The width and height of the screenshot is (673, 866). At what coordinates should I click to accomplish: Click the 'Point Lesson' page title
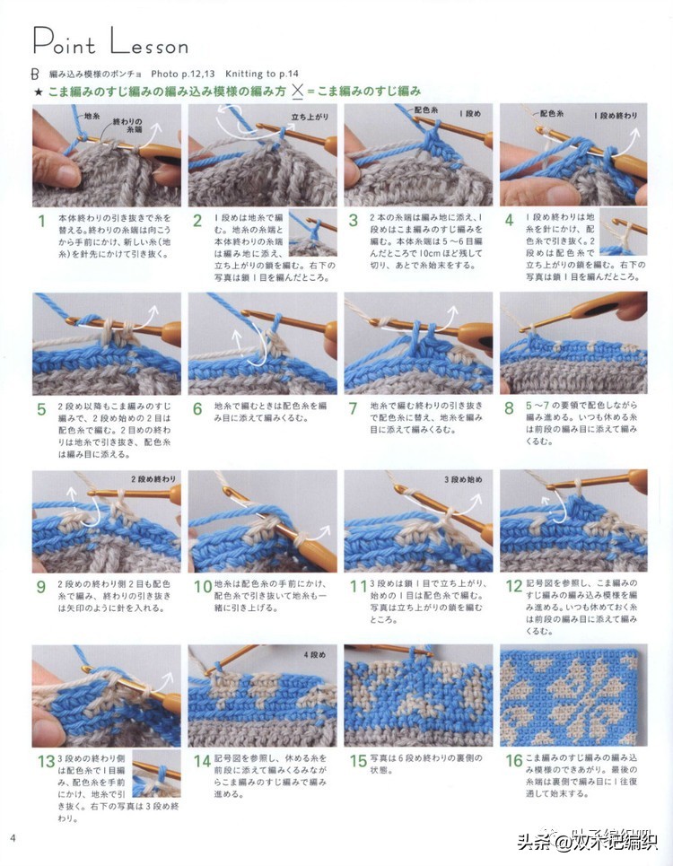click(109, 41)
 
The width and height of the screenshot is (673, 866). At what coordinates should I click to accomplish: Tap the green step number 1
click(39, 221)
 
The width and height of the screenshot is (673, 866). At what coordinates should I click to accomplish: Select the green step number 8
click(509, 409)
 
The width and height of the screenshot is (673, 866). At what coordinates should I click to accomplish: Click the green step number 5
click(40, 409)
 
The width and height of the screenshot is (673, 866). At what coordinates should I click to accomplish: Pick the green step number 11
click(356, 585)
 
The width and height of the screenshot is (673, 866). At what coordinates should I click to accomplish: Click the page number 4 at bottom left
click(13, 838)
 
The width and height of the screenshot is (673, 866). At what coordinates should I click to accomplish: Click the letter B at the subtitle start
click(35, 73)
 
